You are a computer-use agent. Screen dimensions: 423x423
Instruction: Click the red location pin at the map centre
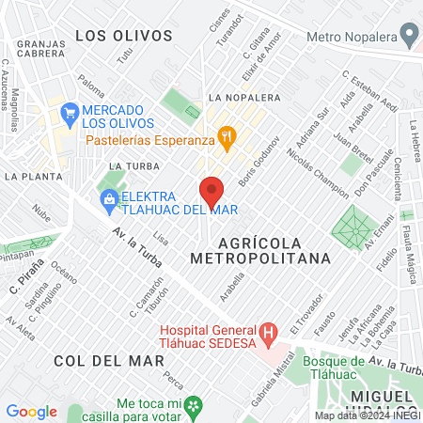click(x=211, y=191)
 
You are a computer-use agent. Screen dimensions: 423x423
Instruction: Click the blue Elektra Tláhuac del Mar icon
click(x=110, y=198)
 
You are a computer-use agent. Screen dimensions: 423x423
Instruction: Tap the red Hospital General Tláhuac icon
click(x=268, y=332)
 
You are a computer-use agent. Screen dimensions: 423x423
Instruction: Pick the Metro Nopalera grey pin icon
click(x=408, y=37)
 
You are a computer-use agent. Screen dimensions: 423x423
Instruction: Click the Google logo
click(x=31, y=411)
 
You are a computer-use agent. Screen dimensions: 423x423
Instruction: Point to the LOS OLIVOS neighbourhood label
click(x=123, y=36)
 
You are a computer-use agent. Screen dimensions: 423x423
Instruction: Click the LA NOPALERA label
click(x=244, y=97)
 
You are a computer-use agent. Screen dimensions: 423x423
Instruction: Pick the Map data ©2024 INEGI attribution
click(x=367, y=415)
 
